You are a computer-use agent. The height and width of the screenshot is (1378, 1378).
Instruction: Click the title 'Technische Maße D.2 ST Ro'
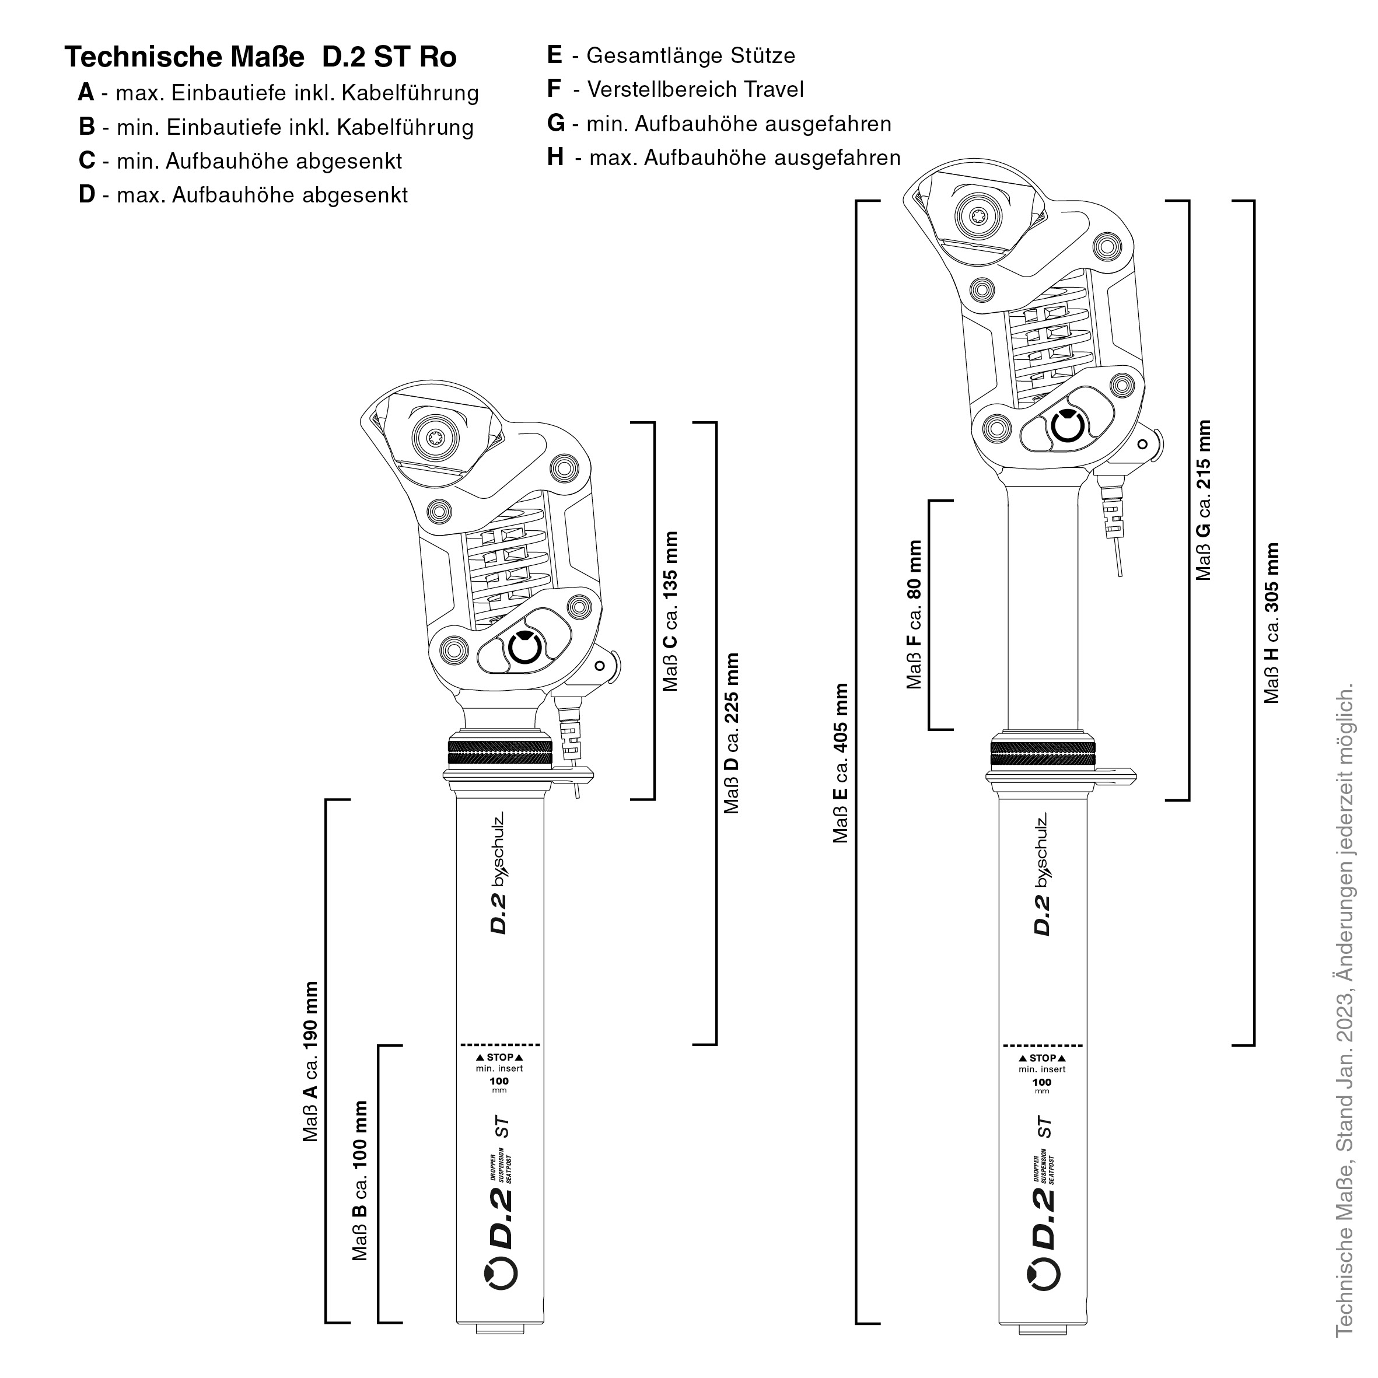point(260,57)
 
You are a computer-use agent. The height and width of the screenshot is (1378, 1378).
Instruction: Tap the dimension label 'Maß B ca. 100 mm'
point(361,1180)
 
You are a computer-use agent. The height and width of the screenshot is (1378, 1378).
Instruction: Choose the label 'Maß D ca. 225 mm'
point(732,733)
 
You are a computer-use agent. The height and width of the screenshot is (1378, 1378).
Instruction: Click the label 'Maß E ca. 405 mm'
point(842,763)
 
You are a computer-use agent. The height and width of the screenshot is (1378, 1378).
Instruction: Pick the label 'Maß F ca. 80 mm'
point(914,614)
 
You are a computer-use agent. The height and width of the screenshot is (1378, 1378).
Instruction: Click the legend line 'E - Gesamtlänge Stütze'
point(670,55)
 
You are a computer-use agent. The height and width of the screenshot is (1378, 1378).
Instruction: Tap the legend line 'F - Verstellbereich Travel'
point(675,89)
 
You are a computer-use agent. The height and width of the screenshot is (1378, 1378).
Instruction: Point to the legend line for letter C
point(240,160)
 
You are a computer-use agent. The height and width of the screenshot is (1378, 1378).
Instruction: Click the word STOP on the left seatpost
point(499,1057)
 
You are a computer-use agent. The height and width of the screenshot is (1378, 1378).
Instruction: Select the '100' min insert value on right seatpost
point(1042,1082)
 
